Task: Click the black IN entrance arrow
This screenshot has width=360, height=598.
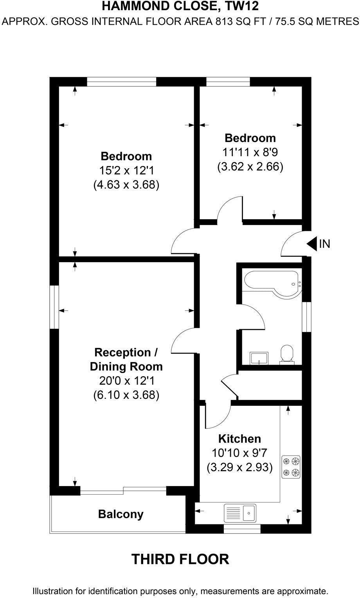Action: tap(312, 244)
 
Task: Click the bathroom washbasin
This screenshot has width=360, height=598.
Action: tap(259, 358)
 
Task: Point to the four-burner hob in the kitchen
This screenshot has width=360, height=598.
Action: tap(292, 467)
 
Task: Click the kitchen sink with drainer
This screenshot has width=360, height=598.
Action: tap(240, 512)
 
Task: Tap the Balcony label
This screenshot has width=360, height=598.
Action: tap(121, 514)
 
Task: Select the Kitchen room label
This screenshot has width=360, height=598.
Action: tap(239, 438)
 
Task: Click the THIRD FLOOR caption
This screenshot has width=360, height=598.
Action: tap(180, 559)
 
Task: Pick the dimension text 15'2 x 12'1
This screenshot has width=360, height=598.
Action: tap(126, 170)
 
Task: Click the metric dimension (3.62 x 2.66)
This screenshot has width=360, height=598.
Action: tap(250, 167)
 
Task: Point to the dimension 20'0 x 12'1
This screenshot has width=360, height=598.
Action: tap(126, 381)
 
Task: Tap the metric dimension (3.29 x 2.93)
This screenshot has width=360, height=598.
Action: tap(239, 467)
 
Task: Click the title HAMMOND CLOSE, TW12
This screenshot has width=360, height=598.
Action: tap(180, 6)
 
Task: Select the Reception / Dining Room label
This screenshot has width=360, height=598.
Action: tap(126, 359)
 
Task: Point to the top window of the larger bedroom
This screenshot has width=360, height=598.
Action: tap(121, 81)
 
